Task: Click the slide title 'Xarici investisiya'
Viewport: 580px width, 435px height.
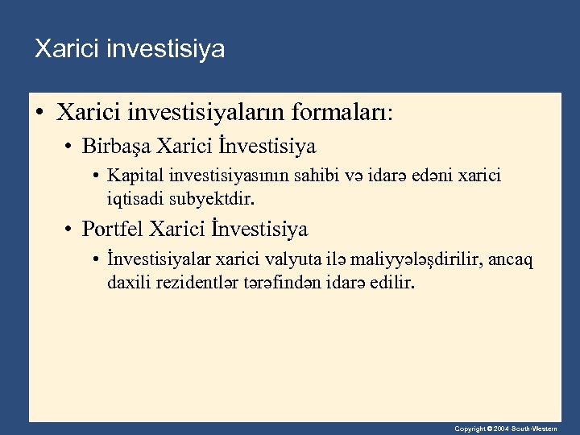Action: click(x=130, y=50)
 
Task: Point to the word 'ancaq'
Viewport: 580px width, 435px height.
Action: click(x=515, y=261)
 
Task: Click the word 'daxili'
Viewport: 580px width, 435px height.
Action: click(x=126, y=282)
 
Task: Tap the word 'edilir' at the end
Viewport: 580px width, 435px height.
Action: click(x=391, y=282)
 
